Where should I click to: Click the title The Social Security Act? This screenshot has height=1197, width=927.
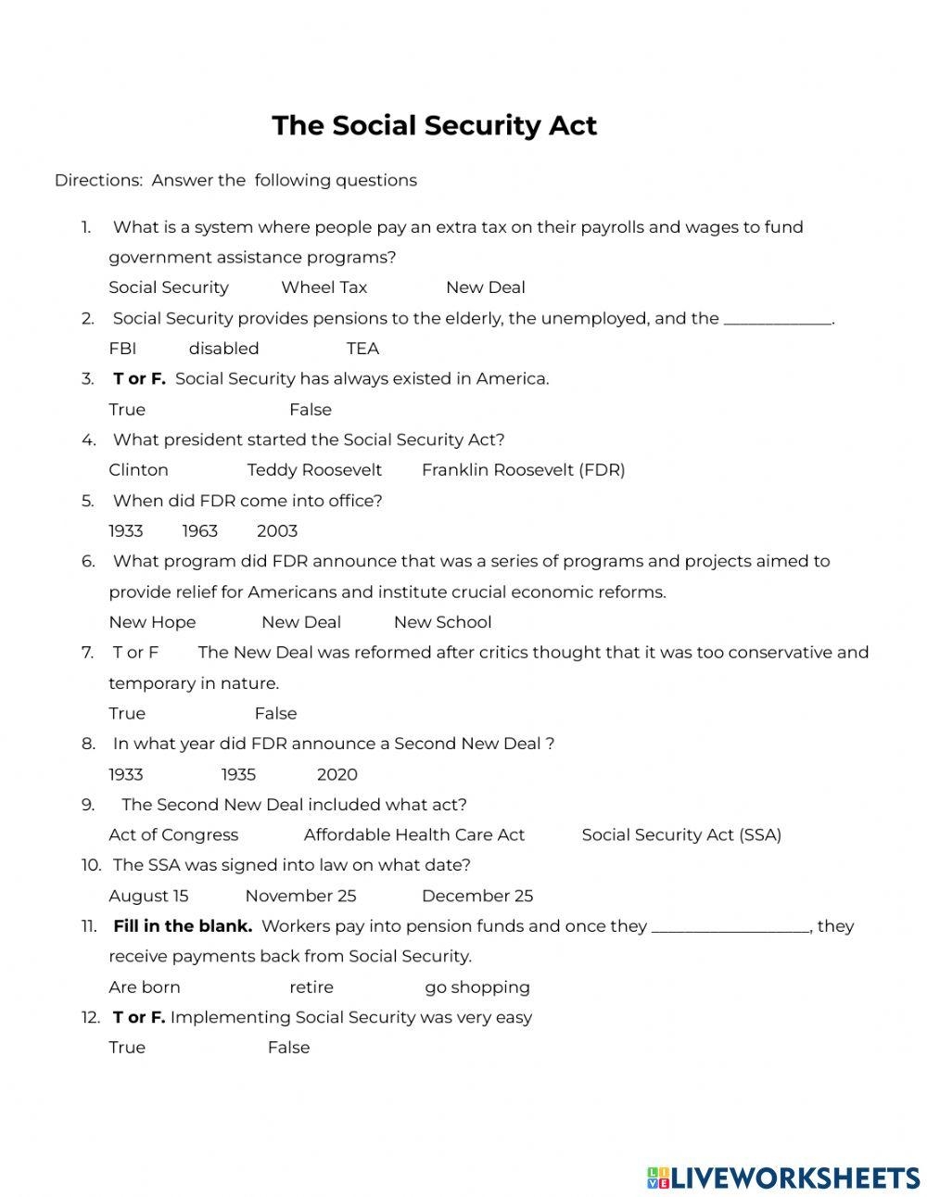(434, 125)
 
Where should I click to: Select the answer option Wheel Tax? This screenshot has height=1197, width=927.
(324, 287)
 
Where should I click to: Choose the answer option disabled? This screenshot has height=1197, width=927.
(223, 349)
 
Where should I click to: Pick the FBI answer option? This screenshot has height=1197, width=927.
(122, 349)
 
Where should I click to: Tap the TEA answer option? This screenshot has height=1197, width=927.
(362, 349)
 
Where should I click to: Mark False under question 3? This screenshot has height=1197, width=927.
(310, 409)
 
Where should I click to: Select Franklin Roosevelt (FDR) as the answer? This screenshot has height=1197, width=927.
(523, 470)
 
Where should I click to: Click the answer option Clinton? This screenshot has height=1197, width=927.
(138, 470)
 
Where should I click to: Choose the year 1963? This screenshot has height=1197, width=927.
(199, 531)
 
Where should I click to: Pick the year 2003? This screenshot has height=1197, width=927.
(276, 531)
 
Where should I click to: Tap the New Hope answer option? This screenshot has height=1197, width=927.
(152, 622)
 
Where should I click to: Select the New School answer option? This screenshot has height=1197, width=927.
(442, 622)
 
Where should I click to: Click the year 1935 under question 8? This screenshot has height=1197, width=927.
(238, 774)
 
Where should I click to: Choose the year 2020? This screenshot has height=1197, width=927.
(337, 774)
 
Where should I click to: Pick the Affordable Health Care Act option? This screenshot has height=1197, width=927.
(413, 834)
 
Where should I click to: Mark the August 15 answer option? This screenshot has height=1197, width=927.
(148, 896)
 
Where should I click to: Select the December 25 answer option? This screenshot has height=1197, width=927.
(476, 896)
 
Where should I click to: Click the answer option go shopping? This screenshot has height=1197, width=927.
(476, 987)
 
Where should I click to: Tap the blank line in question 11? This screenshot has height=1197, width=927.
(730, 927)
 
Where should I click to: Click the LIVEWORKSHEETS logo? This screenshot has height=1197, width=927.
(783, 1178)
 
